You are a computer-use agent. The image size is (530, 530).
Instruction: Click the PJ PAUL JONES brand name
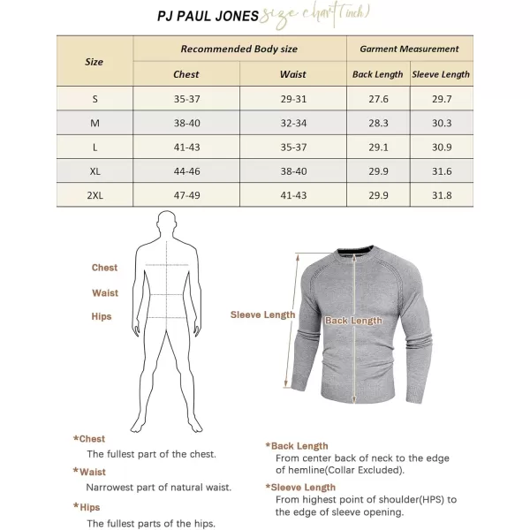click(x=208, y=16)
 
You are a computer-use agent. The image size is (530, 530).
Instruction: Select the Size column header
click(x=94, y=62)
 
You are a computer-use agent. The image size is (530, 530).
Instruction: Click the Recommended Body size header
click(x=238, y=49)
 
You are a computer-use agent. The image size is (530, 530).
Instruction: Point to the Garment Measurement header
click(x=409, y=49)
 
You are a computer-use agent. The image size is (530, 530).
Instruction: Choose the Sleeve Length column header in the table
click(x=441, y=74)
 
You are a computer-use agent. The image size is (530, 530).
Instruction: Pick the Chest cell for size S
click(x=185, y=98)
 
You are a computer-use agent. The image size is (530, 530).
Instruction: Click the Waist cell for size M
click(x=292, y=123)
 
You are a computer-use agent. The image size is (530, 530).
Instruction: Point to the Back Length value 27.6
click(x=377, y=98)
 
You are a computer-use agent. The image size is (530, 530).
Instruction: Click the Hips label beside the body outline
click(x=102, y=316)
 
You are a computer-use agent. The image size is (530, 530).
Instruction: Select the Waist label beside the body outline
click(x=104, y=292)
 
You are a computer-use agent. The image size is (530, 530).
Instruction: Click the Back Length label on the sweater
click(x=353, y=321)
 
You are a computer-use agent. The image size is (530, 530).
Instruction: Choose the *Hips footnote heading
click(x=87, y=507)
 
